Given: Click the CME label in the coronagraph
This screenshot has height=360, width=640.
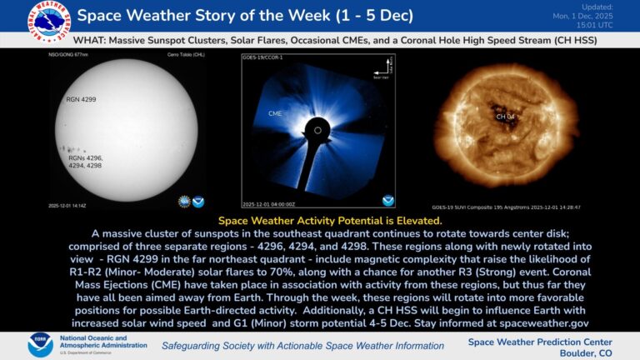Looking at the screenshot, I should tap(275, 112).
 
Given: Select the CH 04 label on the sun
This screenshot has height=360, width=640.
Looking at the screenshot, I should tap(506, 117).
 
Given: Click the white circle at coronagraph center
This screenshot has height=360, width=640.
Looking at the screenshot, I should tap(317, 130).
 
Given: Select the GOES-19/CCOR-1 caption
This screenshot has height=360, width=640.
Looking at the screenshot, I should tap(262, 59).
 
